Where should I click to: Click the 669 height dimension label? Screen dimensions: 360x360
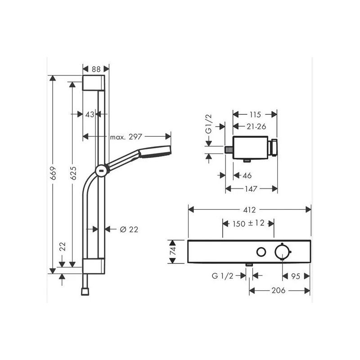pyautogui.click(x=53, y=173)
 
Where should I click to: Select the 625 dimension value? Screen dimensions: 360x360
pyautogui.click(x=73, y=173)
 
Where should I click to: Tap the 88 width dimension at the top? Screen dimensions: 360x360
pyautogui.click(x=96, y=69)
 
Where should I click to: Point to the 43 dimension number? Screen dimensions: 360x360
pyautogui.click(x=90, y=114)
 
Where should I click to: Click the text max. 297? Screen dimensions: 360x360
pyautogui.click(x=126, y=137)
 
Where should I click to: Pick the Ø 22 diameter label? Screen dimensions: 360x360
pyautogui.click(x=129, y=229)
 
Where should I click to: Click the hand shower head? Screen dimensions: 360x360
pyautogui.click(x=155, y=152)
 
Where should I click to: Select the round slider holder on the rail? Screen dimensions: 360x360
pyautogui.click(x=102, y=171)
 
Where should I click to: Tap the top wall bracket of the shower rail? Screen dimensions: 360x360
pyautogui.click(x=94, y=83)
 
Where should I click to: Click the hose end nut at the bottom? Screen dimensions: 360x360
pyautogui.click(x=85, y=292)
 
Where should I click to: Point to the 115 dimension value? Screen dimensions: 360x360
pyautogui.click(x=255, y=115)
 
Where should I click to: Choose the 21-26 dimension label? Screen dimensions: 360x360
pyautogui.click(x=256, y=126)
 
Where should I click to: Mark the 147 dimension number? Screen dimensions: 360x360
pyautogui.click(x=251, y=189)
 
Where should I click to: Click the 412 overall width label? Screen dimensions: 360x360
pyautogui.click(x=249, y=210)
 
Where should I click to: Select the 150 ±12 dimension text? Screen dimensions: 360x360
pyautogui.click(x=248, y=223)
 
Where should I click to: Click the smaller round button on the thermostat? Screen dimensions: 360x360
pyautogui.click(x=261, y=252)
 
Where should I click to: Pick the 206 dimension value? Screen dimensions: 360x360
pyautogui.click(x=279, y=290)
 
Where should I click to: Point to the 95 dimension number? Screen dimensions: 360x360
pyautogui.click(x=296, y=276)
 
